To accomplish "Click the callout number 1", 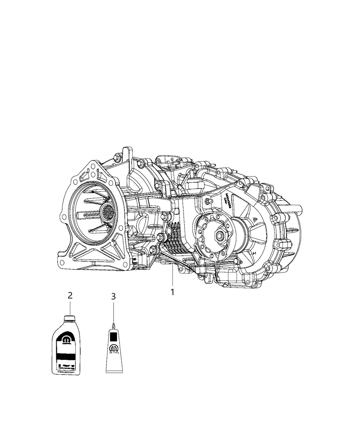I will [173, 292].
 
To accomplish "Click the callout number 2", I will [70, 295].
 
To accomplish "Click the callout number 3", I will [113, 296].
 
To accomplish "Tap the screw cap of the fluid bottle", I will [70, 318].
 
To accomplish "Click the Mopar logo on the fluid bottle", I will [67, 339].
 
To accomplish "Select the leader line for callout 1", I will [172, 278].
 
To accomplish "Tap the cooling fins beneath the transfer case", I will [173, 240].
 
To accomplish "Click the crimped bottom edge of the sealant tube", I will [113, 372].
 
